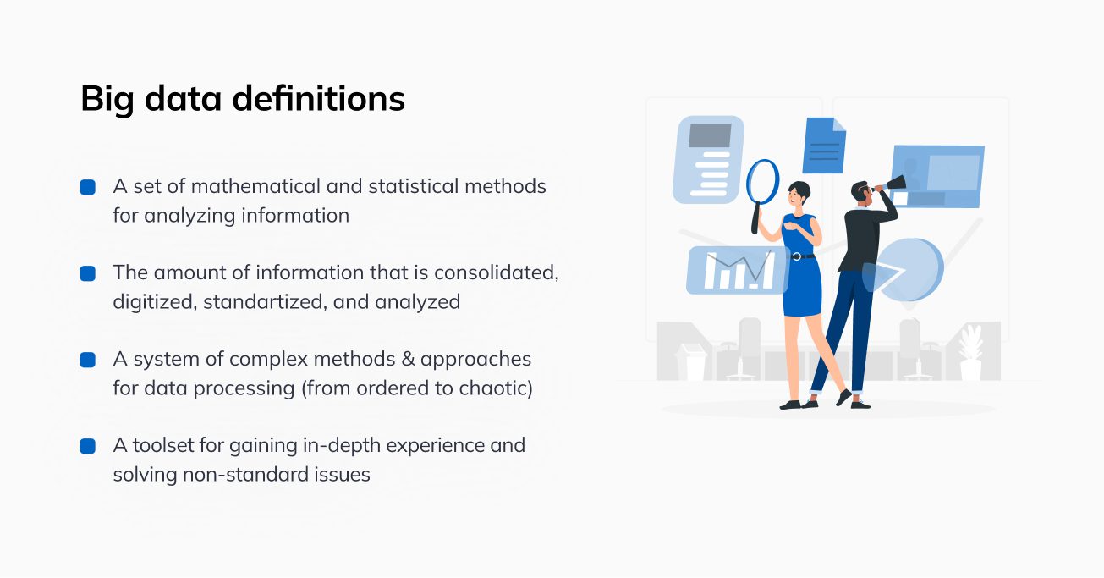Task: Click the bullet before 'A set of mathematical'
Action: tap(87, 187)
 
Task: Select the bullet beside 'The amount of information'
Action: tap(87, 273)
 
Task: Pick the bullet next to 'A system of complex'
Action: tap(87, 360)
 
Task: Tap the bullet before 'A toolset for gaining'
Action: tap(87, 446)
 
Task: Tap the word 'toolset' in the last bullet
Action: tap(162, 445)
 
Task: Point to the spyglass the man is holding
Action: tap(893, 184)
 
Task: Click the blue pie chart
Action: tap(912, 269)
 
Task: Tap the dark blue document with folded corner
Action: tap(823, 146)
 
